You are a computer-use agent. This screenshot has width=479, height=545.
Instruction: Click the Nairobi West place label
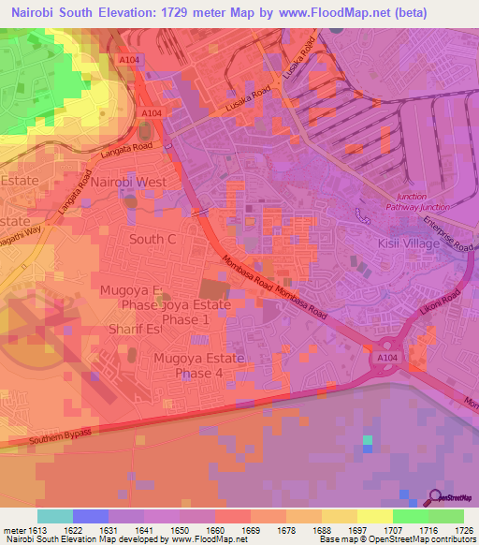click(129, 181)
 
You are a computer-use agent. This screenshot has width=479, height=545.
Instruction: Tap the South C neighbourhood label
click(152, 239)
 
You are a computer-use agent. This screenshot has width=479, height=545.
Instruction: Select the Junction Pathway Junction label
click(411, 203)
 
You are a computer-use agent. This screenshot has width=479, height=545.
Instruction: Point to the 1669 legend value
click(251, 529)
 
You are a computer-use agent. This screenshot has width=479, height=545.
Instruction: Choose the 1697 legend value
click(357, 529)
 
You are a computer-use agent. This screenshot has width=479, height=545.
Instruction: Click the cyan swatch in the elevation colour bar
click(54, 516)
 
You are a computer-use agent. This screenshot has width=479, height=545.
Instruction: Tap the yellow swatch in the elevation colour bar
click(374, 516)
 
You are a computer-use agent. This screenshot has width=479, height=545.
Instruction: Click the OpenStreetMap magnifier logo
click(437, 497)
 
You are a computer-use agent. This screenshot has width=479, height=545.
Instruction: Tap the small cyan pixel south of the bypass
click(368, 439)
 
